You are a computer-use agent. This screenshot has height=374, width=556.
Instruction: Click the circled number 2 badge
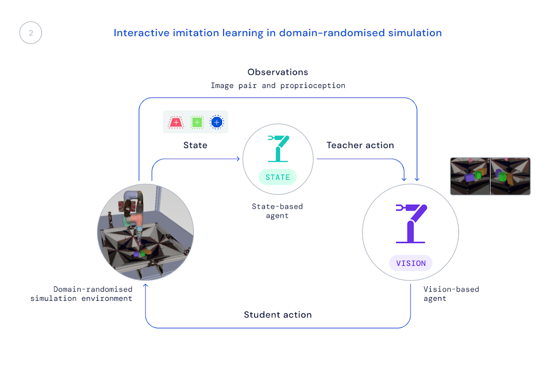click(x=31, y=33)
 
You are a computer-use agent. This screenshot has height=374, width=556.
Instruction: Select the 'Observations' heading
click(x=278, y=72)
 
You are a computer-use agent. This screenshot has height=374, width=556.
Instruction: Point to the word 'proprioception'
click(x=313, y=86)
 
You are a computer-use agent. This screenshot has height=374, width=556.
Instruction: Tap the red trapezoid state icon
click(x=176, y=122)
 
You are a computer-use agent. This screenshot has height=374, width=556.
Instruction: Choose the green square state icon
click(x=197, y=122)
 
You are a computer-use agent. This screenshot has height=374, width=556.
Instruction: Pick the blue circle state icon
click(x=217, y=122)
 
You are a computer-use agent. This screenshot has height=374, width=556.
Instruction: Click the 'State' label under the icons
click(x=195, y=145)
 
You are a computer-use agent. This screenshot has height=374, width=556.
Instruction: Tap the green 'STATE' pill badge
click(x=278, y=177)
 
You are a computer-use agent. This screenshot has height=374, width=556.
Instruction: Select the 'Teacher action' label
click(x=360, y=145)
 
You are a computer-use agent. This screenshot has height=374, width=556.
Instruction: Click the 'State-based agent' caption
click(x=277, y=211)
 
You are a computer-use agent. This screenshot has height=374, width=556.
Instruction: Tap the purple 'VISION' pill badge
click(x=411, y=263)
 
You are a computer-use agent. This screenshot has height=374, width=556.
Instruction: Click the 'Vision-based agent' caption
click(x=451, y=294)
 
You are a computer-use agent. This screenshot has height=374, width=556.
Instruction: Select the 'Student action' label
click(x=278, y=315)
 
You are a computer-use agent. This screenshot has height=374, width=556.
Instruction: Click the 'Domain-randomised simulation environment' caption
click(x=81, y=294)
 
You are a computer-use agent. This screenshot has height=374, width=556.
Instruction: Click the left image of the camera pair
click(x=470, y=176)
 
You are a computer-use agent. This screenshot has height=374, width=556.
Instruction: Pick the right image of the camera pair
click(x=510, y=176)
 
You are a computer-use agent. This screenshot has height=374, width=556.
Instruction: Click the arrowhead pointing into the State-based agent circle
click(x=238, y=159)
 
